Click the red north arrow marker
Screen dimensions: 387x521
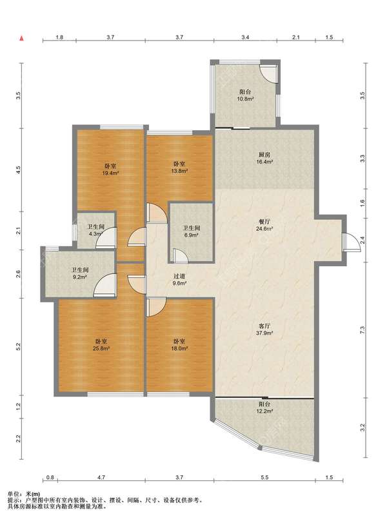pos(22,38)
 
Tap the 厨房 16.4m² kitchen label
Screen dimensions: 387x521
pos(264,158)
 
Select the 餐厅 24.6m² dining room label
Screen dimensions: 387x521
pos(264,225)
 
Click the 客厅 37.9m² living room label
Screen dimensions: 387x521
pos(264,329)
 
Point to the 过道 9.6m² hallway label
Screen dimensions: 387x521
pos(179,279)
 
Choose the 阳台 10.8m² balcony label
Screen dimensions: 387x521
pos(245,95)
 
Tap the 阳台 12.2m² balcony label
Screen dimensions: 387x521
pos(264,408)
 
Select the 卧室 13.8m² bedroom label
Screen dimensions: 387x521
pos(179,167)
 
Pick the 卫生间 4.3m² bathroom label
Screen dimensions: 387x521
pos(95,230)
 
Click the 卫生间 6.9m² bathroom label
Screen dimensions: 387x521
pos(191,231)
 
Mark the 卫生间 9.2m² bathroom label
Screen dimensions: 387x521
pos(80,273)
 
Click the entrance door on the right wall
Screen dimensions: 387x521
pos(351,242)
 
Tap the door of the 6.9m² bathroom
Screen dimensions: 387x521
pos(180,255)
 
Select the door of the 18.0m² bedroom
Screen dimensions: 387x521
pos(155,306)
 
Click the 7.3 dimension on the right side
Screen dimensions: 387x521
pos(362,329)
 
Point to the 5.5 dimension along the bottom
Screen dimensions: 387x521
pos(264,477)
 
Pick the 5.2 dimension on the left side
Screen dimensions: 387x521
pos(19,346)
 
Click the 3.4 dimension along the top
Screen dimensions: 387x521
pos(245,37)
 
